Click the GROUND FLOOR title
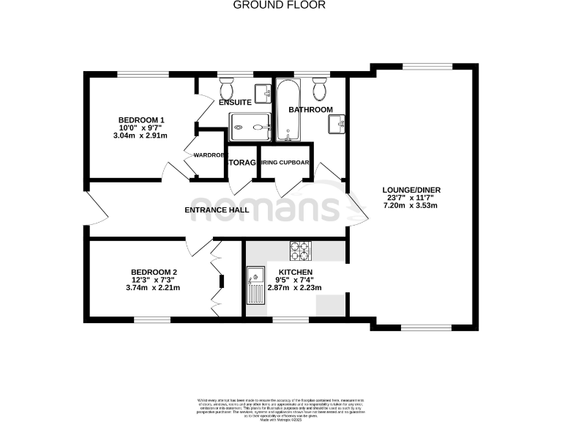point(280,5)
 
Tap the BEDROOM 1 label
point(141,120)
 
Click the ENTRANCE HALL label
point(217,210)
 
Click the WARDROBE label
point(207,155)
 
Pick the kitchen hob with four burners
point(300,251)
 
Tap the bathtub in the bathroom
point(285,111)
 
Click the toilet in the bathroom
point(318,90)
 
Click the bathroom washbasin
point(337,124)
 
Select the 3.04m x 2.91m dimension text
point(141,136)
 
